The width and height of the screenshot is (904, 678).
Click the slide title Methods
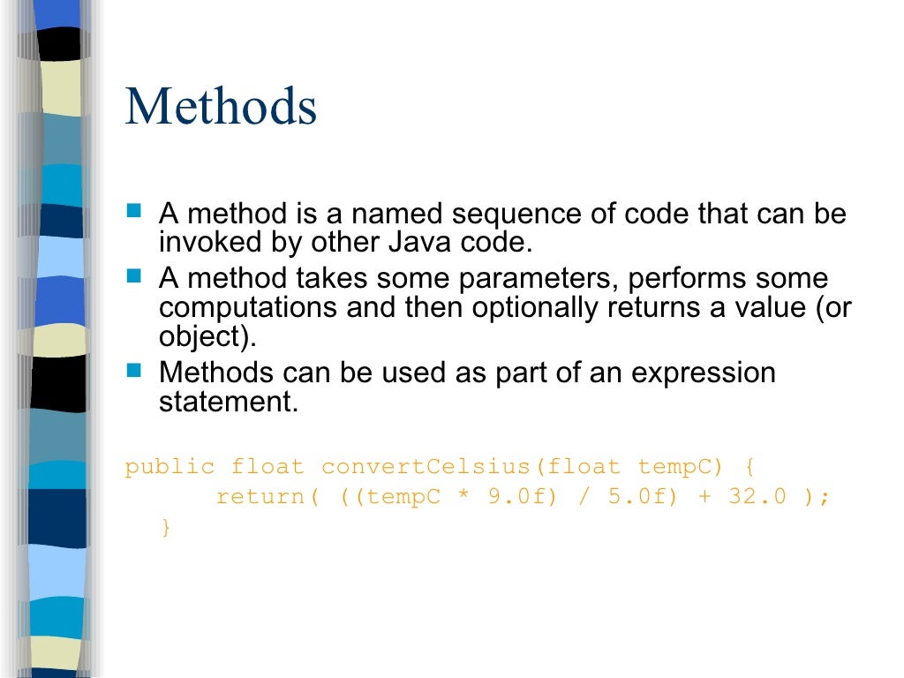coord(221,107)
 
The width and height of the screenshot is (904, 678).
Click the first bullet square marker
coord(133,212)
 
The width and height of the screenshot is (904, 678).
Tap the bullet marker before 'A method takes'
coord(133,276)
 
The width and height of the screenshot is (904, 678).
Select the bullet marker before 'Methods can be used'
coord(133,370)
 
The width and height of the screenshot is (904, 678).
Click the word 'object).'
coord(200,338)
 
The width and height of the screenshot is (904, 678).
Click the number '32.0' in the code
coord(757,497)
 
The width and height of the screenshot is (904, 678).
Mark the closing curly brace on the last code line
coord(165,527)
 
